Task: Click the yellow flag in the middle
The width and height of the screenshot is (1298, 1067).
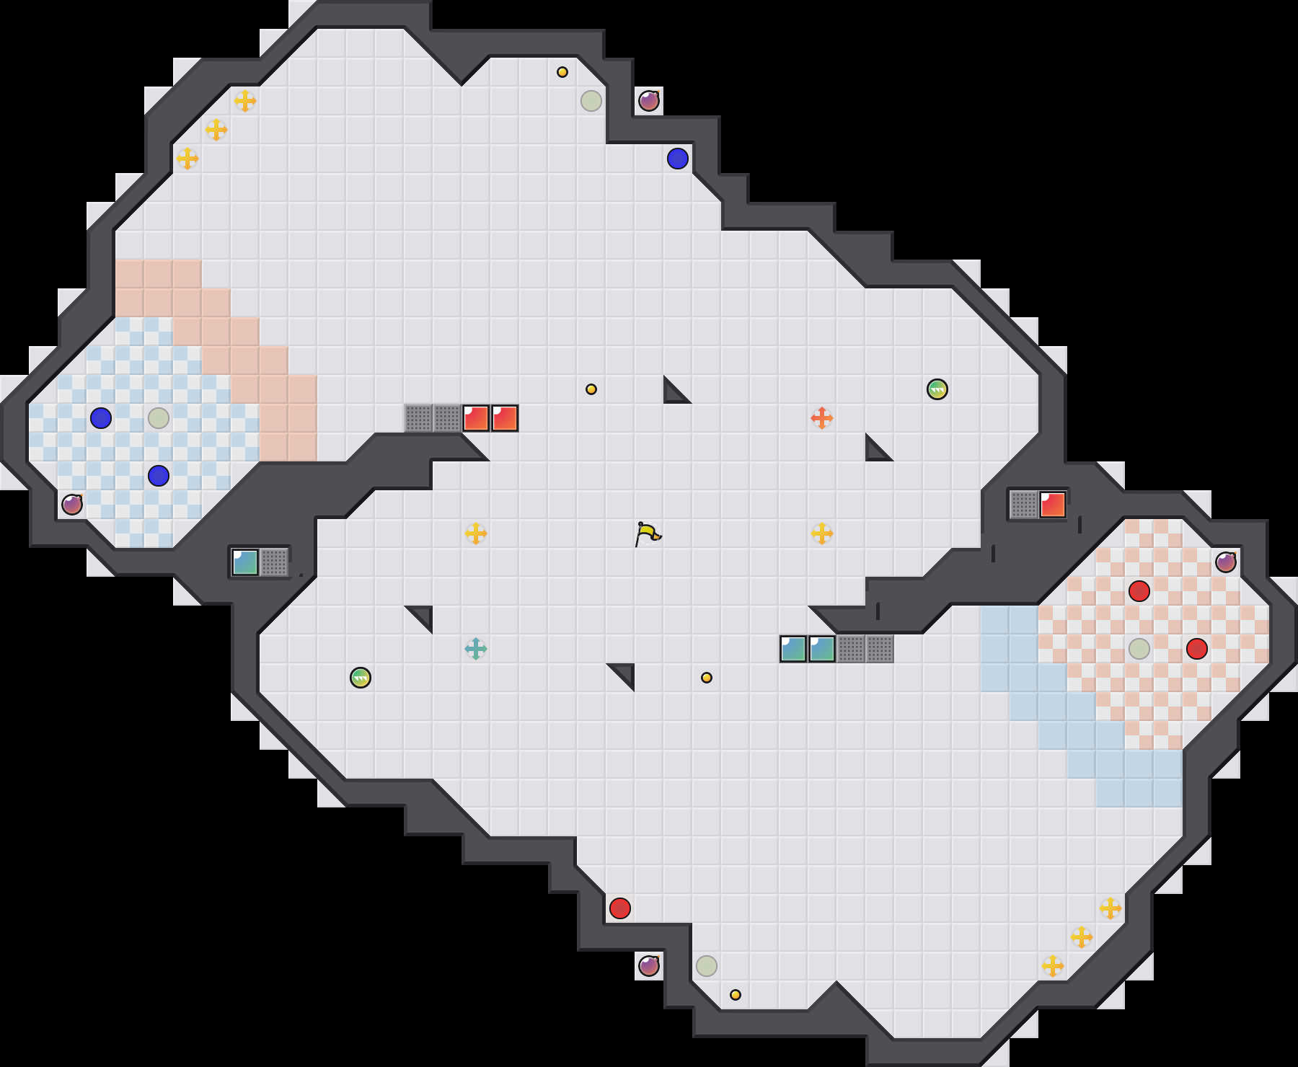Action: coord(648,533)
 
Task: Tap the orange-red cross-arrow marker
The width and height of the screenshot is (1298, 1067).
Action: coord(822,418)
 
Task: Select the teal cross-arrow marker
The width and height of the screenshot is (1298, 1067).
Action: coord(476,649)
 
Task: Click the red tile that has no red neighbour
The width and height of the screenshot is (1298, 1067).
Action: coord(1053,505)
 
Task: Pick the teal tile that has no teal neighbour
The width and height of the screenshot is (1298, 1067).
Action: coord(245,562)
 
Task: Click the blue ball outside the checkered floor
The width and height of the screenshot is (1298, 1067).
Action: coord(678,159)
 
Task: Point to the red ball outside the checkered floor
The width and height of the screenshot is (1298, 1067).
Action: coord(620,908)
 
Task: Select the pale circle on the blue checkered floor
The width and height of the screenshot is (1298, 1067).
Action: coord(159,418)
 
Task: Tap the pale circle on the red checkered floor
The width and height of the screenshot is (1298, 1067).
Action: coord(1139,649)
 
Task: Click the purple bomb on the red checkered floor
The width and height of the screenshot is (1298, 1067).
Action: coord(1226,562)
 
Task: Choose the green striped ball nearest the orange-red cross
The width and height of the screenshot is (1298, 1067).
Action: coord(937,389)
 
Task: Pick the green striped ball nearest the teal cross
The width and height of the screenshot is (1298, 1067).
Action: coord(361,678)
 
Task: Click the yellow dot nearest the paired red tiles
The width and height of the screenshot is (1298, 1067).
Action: coord(591,389)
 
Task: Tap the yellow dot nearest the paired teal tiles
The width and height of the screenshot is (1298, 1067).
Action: coord(707,678)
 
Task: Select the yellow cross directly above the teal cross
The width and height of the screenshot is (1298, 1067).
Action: coord(476,533)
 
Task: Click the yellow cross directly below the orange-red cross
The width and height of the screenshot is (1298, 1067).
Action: coord(822,533)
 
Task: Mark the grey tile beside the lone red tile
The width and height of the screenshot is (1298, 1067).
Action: coord(1024,505)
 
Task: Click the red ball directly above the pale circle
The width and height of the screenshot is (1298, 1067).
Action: coord(1139,591)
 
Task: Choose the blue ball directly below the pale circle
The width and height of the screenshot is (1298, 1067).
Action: coord(159,476)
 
